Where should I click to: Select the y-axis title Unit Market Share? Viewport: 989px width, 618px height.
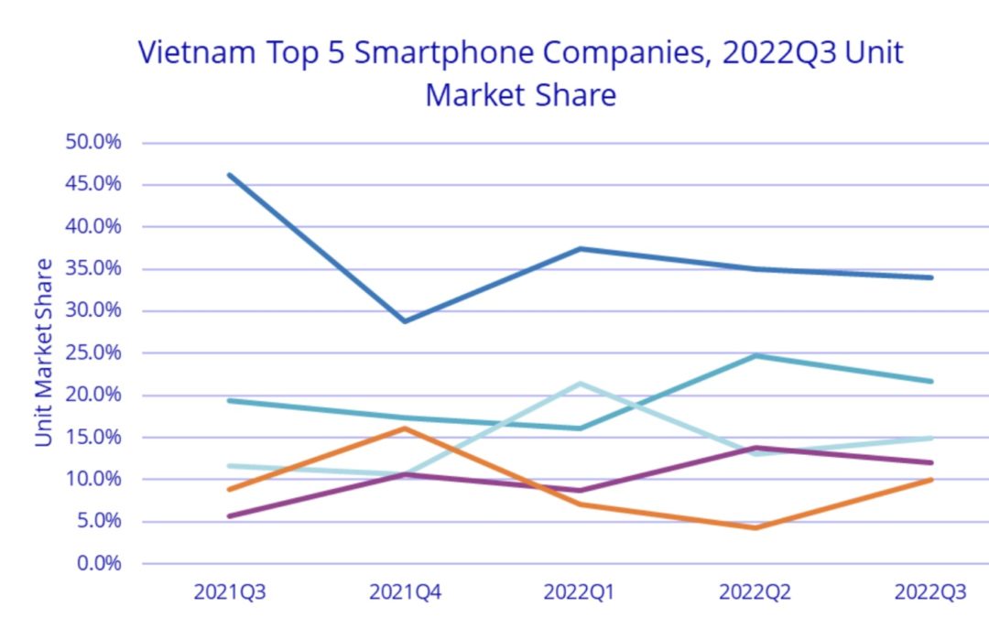coord(44,352)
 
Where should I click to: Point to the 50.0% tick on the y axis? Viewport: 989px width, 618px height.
coord(93,143)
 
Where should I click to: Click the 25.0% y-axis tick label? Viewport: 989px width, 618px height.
coord(93,352)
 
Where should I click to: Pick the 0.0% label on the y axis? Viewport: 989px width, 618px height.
coord(98,563)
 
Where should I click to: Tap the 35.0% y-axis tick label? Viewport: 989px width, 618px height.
coord(93,269)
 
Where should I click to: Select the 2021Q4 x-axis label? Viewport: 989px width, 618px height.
coord(404,592)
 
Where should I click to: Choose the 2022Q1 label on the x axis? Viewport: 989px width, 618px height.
coord(580,592)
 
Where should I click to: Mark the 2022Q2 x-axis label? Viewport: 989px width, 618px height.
coord(755,592)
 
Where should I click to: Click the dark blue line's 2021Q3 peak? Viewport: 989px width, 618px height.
coord(229,175)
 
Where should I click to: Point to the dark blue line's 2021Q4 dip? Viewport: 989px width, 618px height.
coord(404,321)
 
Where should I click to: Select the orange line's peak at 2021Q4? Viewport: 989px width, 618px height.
coord(404,428)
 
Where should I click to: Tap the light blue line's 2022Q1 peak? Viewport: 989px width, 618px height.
coord(580,383)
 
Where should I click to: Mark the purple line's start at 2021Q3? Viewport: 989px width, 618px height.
coord(229,516)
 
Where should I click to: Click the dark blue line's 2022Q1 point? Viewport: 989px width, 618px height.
coord(580,248)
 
